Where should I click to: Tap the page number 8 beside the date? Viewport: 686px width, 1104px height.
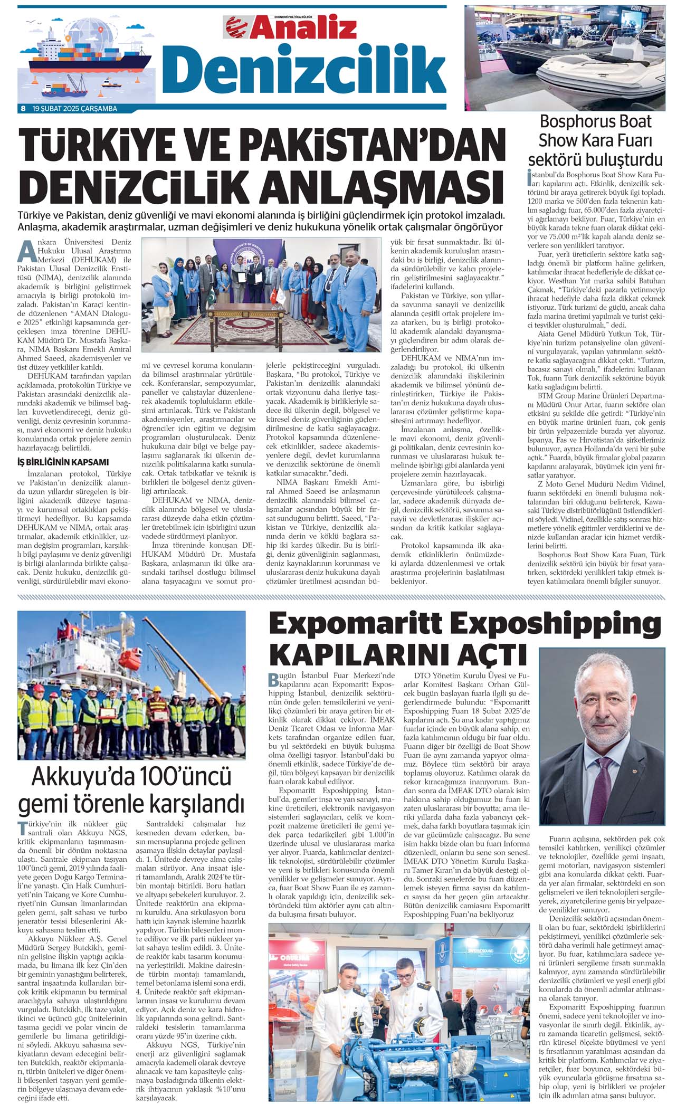[x=23, y=109]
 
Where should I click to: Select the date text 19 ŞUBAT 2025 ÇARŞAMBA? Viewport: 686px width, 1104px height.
[x=74, y=109]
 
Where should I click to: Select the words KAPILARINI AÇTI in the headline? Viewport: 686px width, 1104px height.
[x=398, y=654]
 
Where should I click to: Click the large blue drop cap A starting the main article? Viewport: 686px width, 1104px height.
[x=27, y=251]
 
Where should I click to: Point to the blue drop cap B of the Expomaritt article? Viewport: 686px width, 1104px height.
[x=273, y=679]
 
